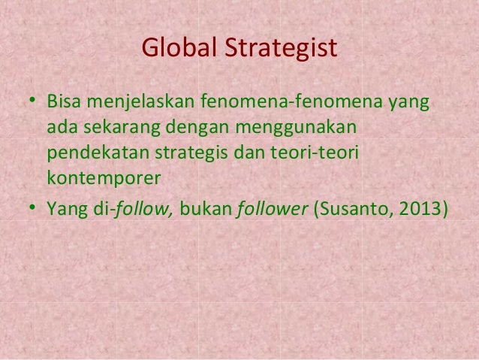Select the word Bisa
pyautogui.click(x=65, y=101)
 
